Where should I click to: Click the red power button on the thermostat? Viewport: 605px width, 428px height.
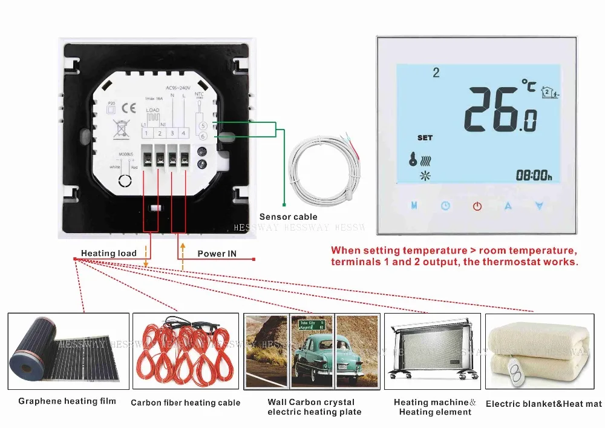[x=477, y=206]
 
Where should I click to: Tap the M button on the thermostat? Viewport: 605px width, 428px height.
[x=414, y=206]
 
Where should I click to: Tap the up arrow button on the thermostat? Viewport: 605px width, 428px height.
[x=508, y=206]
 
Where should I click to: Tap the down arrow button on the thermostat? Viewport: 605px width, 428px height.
[x=539, y=206]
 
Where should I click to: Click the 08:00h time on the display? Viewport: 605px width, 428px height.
[x=534, y=176]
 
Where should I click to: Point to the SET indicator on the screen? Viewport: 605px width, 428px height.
[x=425, y=137]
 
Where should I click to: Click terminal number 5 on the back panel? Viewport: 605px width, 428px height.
[x=203, y=126]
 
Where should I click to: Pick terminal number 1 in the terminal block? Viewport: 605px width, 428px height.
[x=146, y=133]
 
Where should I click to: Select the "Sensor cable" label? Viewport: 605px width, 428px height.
[x=288, y=217]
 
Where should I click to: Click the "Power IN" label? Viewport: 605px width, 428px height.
[x=217, y=254]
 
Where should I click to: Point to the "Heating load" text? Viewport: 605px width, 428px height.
[x=109, y=253]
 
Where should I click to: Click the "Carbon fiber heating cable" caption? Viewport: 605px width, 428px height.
[x=185, y=403]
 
